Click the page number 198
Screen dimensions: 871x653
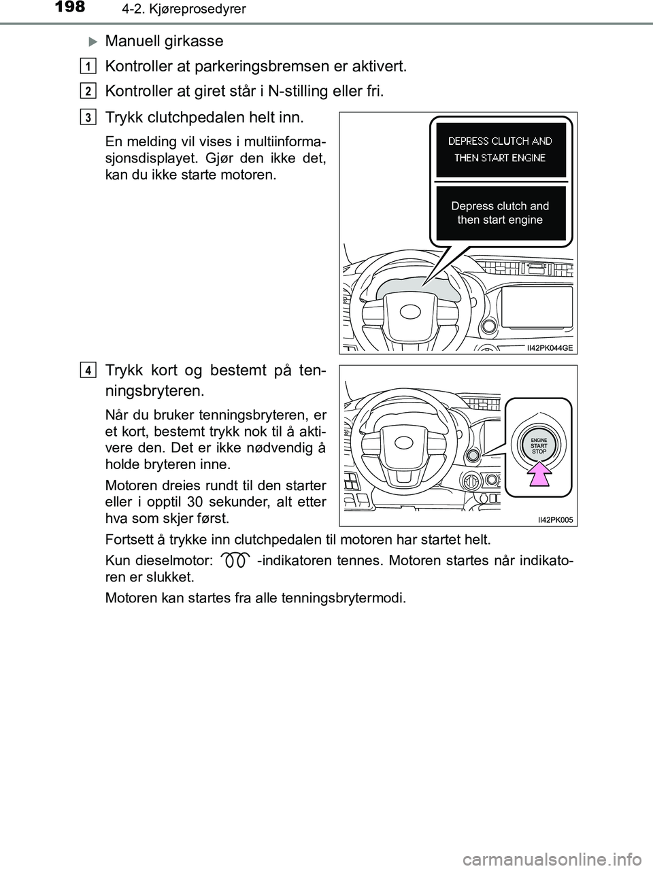tap(66, 7)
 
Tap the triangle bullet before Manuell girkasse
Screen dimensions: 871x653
tap(94, 41)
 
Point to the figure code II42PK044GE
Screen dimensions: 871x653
tap(550, 347)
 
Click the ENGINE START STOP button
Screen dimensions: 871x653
tap(539, 446)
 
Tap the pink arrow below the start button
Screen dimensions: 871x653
tap(539, 475)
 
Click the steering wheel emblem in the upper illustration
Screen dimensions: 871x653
tap(411, 311)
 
